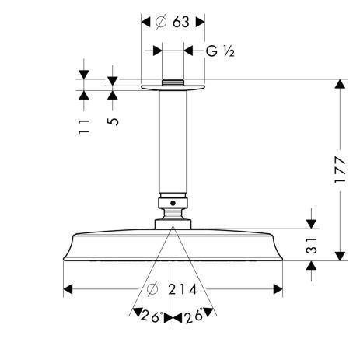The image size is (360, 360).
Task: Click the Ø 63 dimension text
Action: click(x=172, y=22)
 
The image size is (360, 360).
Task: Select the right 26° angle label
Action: click(x=195, y=317)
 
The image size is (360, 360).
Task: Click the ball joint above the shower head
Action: click(x=172, y=207)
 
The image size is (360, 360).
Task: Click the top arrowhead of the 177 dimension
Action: click(x=340, y=84)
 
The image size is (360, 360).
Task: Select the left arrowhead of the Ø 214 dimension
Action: click(x=68, y=291)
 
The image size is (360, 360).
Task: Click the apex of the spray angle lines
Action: click(x=172, y=229)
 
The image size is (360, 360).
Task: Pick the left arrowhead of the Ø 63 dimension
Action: click(x=145, y=22)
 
